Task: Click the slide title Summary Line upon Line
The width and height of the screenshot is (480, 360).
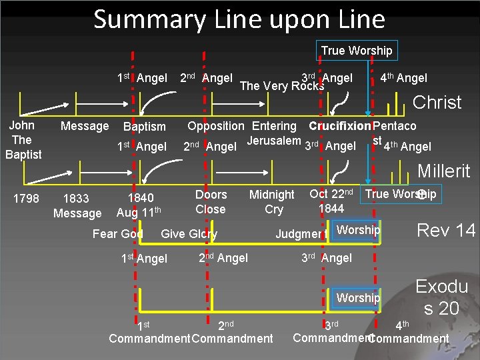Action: click(239, 19)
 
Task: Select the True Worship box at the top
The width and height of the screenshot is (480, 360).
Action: click(357, 51)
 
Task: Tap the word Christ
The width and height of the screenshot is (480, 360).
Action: click(437, 103)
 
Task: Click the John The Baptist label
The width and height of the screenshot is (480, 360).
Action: click(23, 140)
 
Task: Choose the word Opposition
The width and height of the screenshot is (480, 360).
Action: click(215, 126)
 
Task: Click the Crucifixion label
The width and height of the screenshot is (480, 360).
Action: click(339, 126)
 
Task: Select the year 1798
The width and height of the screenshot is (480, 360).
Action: click(25, 198)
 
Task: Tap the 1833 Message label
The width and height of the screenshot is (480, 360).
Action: click(77, 205)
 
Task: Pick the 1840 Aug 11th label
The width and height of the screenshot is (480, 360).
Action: click(139, 205)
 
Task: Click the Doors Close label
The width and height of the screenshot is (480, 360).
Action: click(211, 202)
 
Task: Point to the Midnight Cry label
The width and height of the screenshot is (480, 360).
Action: click(271, 202)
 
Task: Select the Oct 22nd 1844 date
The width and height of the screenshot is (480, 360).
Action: click(331, 201)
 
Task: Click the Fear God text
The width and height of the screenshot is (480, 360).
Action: click(117, 233)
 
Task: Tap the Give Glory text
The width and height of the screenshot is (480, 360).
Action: click(189, 233)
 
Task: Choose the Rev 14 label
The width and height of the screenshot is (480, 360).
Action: click(446, 231)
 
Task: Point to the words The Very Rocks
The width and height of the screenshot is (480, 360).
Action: click(281, 85)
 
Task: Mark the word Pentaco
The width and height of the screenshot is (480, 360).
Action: click(395, 126)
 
